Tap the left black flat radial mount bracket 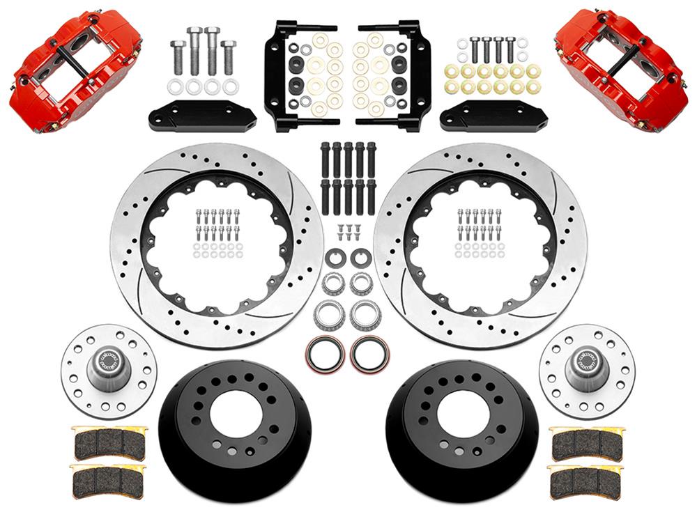tap(200, 116)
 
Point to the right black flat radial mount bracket tap(494, 116)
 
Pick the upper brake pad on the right tap(585, 441)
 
